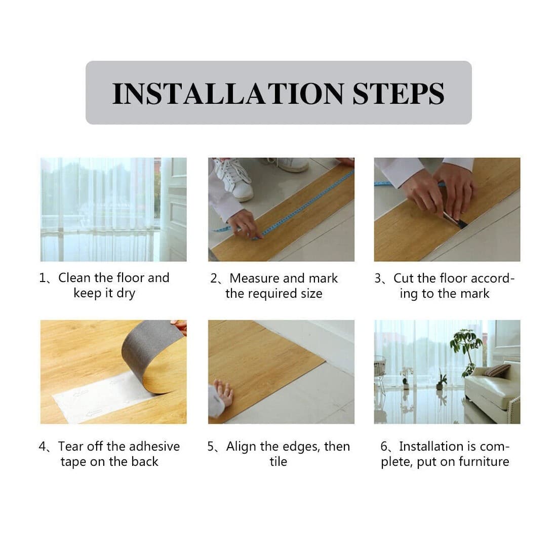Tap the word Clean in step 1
(x=74, y=278)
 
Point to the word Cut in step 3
(x=404, y=278)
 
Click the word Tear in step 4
(x=70, y=447)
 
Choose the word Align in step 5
(x=241, y=447)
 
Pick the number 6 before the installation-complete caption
(x=384, y=447)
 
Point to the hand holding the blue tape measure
(x=244, y=223)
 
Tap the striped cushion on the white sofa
(x=496, y=371)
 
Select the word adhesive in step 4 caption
(x=154, y=447)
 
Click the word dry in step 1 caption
(x=126, y=294)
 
